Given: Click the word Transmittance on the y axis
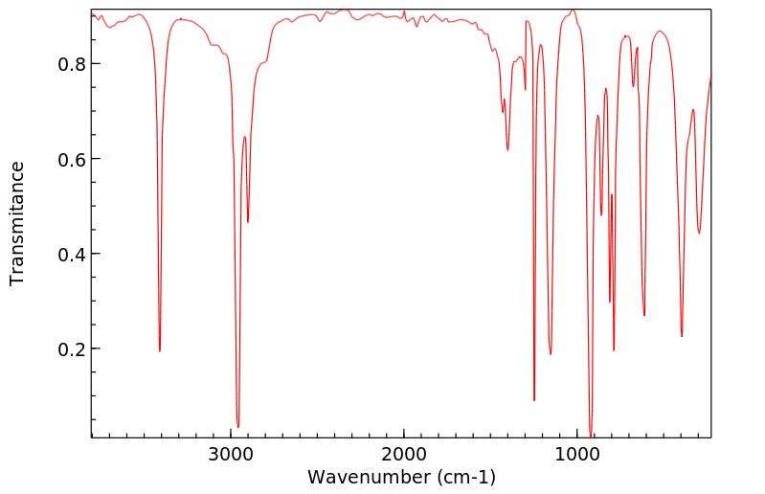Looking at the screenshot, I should [x=17, y=223].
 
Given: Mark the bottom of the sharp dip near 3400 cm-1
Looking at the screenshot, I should [x=160, y=350].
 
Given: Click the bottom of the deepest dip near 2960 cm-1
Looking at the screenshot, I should [x=238, y=427].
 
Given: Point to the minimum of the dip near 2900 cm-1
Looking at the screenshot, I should [x=248, y=222].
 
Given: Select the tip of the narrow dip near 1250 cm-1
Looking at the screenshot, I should [x=534, y=400].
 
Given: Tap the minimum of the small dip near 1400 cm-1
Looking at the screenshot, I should [x=507, y=149].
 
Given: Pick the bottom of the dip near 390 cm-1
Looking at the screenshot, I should [x=682, y=336].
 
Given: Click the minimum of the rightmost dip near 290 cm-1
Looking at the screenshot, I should [x=699, y=233].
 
